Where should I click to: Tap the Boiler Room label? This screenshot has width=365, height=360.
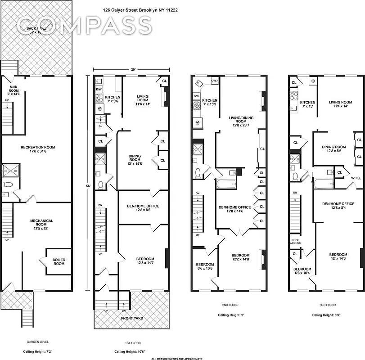(x=59, y=261)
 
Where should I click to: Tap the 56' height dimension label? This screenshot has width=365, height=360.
(x=88, y=184)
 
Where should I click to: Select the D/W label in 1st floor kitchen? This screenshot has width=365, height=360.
(x=99, y=89)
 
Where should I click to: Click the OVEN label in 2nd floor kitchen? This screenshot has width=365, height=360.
(x=215, y=81)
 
